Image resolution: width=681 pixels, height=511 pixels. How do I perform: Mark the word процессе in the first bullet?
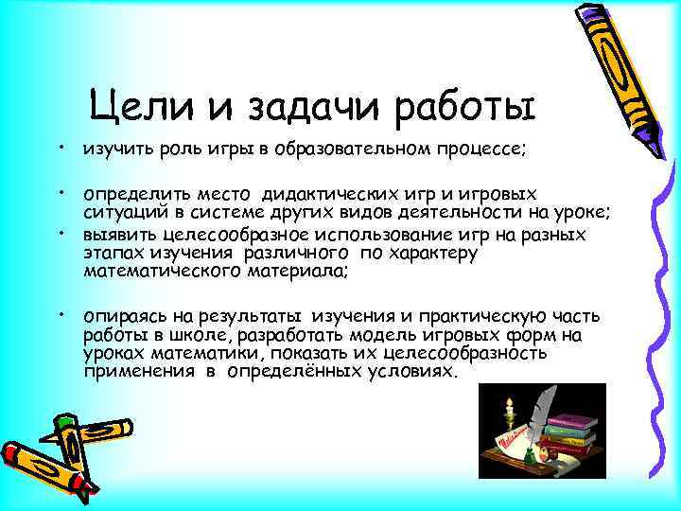pyautogui.click(x=491, y=150)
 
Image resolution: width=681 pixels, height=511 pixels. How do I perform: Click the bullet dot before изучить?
pyautogui.click(x=59, y=147)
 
